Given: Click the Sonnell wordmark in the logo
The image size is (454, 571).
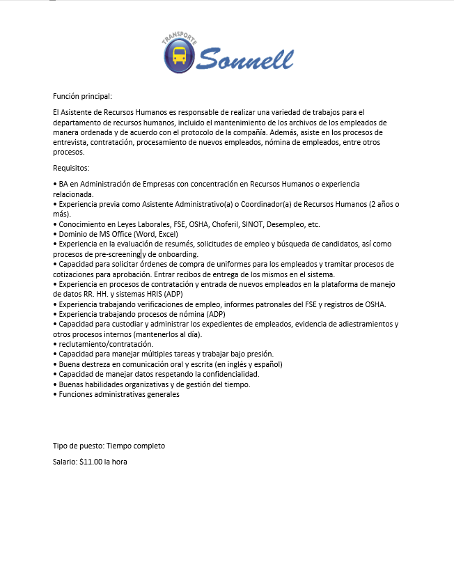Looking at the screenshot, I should [245, 57].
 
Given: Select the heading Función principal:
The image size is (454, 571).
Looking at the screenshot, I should [82, 96].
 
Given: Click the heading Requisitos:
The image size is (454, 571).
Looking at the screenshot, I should [71, 168].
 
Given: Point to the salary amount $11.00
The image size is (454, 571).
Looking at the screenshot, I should [91, 462].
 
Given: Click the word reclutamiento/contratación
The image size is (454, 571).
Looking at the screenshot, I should [106, 344].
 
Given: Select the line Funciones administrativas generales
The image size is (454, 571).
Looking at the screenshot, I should [119, 394].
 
